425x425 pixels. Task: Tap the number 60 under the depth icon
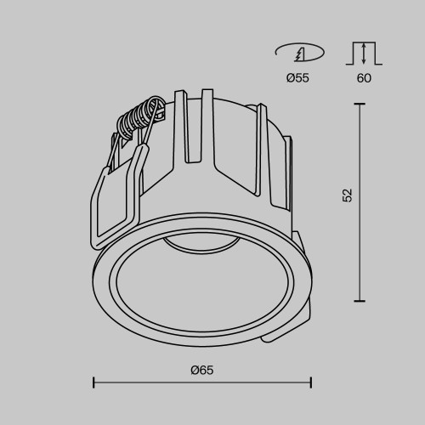363,78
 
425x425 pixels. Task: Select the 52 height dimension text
347,195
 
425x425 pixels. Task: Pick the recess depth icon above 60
363,54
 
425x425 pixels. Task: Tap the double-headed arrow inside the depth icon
364,54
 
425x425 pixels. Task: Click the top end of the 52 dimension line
360,104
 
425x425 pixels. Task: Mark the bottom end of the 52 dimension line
360,300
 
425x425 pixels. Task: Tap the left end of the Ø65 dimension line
93,382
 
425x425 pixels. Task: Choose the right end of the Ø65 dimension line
311,382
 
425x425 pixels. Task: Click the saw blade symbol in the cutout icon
299,54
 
